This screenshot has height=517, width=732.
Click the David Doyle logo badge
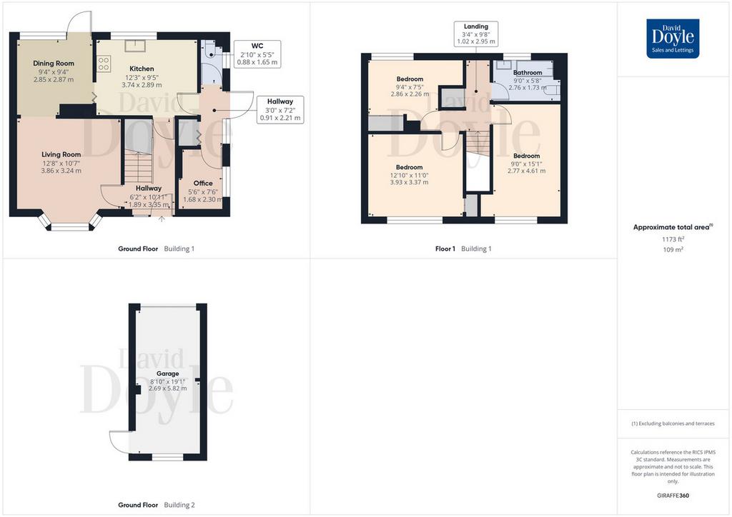[673, 39]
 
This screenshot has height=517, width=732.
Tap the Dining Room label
[54, 64]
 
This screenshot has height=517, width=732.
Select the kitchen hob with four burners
[104, 64]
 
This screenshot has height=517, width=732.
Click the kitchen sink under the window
[134, 45]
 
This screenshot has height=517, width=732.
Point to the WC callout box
[257, 54]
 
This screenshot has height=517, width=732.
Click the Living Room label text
[61, 154]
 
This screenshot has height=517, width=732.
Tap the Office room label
[203, 184]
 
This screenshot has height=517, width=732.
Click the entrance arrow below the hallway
[162, 219]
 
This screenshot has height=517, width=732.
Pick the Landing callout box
[475, 34]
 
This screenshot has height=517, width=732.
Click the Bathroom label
[528, 73]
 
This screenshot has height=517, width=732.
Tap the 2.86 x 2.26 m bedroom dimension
[410, 94]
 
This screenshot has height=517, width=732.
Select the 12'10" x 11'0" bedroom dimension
[410, 175]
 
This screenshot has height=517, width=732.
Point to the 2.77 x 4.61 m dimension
[527, 171]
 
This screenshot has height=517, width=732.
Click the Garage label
[167, 373]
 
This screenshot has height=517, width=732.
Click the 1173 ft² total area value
[673, 239]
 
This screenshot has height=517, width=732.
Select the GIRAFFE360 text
[673, 496]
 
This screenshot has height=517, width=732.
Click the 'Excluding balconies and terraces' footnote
[673, 423]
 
